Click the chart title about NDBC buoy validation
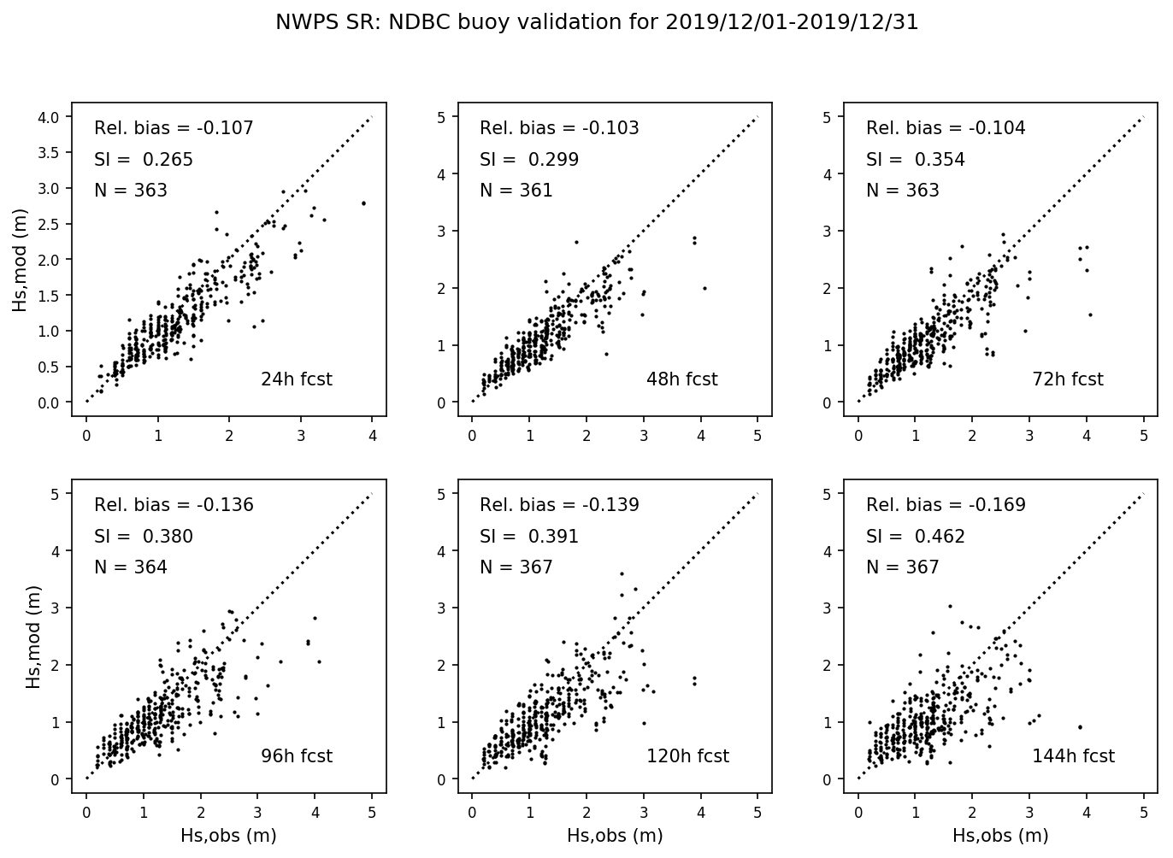597,23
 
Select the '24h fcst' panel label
296,379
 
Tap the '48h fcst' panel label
681,379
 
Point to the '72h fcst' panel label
1068,379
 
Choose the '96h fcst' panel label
296,756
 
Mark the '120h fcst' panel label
687,756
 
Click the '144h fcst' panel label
1073,756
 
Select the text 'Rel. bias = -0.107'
174,128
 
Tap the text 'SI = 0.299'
528,160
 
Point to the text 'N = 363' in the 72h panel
902,191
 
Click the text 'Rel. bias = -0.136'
174,505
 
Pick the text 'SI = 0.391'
528,537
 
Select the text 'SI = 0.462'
915,537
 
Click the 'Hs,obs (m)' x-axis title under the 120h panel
615,836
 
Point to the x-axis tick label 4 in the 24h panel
373,434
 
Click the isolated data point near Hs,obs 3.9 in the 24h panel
363,203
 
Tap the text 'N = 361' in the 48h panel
516,191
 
